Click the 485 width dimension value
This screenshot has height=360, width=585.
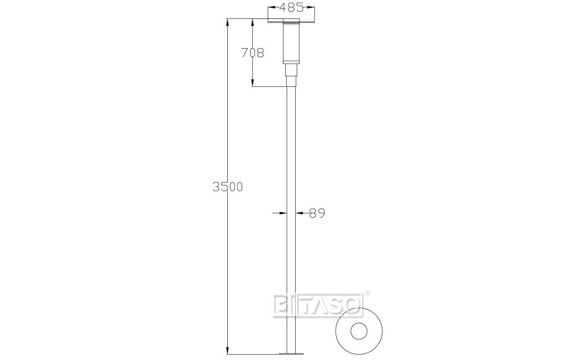pyautogui.click(x=291, y=7)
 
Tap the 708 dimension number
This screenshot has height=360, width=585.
pyautogui.click(x=252, y=53)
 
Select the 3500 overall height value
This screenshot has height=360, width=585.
pyautogui.click(x=227, y=187)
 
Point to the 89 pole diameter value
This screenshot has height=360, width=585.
pyautogui.click(x=317, y=213)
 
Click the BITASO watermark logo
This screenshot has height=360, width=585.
pyautogui.click(x=317, y=305)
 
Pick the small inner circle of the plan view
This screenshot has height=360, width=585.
pyautogui.click(x=359, y=331)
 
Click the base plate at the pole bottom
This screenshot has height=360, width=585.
pyautogui.click(x=291, y=354)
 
